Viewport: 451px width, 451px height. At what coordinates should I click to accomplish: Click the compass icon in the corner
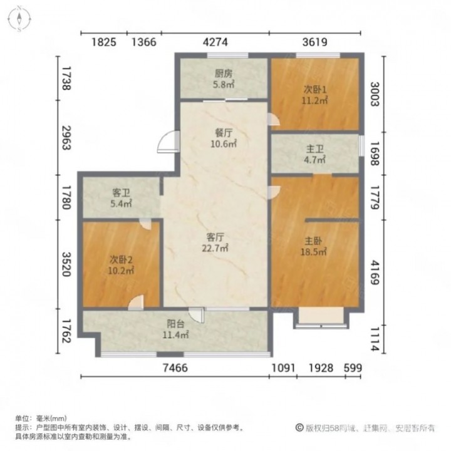point(19,19)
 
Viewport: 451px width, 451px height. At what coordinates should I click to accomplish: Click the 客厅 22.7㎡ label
point(215,242)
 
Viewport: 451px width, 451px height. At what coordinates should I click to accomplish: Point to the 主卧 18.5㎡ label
point(314,246)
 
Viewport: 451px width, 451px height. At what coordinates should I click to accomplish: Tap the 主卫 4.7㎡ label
point(314,154)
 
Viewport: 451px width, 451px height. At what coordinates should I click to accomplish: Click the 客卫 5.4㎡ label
point(121,198)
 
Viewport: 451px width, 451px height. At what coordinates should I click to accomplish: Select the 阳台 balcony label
point(175,329)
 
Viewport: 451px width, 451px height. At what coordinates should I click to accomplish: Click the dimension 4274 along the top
point(215,43)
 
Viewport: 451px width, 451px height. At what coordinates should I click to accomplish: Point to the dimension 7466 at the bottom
point(175,368)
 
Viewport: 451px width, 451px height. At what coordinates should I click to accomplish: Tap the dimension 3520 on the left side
point(67,264)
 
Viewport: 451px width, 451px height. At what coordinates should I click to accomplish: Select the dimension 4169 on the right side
point(375,272)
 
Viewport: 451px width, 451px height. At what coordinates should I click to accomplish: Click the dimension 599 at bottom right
point(353,368)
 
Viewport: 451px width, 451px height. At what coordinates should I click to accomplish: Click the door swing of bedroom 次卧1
point(274,119)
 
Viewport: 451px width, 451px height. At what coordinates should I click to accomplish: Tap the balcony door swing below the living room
point(197,315)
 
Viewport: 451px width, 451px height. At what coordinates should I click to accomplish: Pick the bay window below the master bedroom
point(321,318)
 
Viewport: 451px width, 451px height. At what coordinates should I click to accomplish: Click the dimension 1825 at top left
point(104,43)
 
